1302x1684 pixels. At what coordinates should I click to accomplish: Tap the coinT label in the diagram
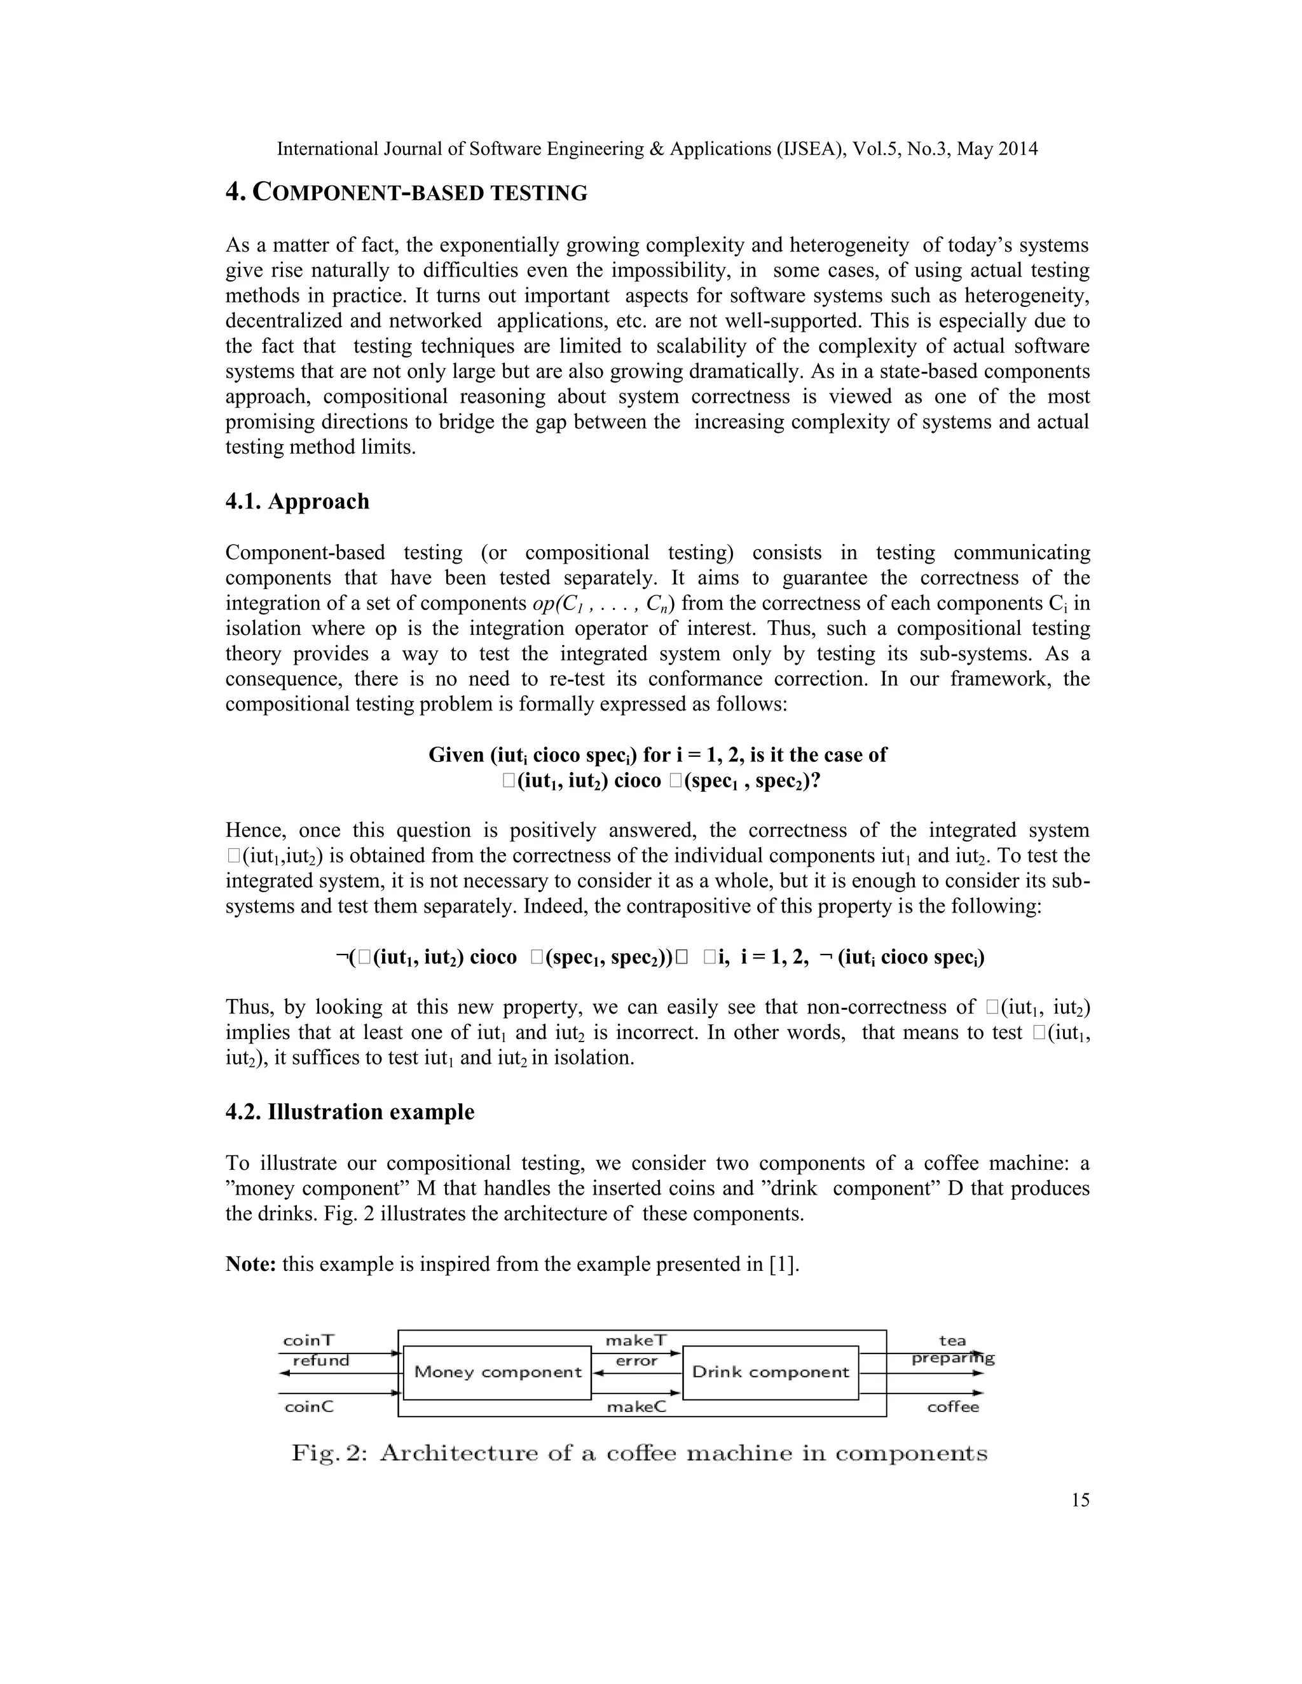(x=308, y=1340)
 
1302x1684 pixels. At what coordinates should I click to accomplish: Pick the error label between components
(x=636, y=1361)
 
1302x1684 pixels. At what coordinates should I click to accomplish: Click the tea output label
(x=952, y=1340)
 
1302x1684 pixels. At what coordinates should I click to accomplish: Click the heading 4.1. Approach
(x=297, y=501)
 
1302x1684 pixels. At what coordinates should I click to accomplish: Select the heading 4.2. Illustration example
(x=350, y=1112)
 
